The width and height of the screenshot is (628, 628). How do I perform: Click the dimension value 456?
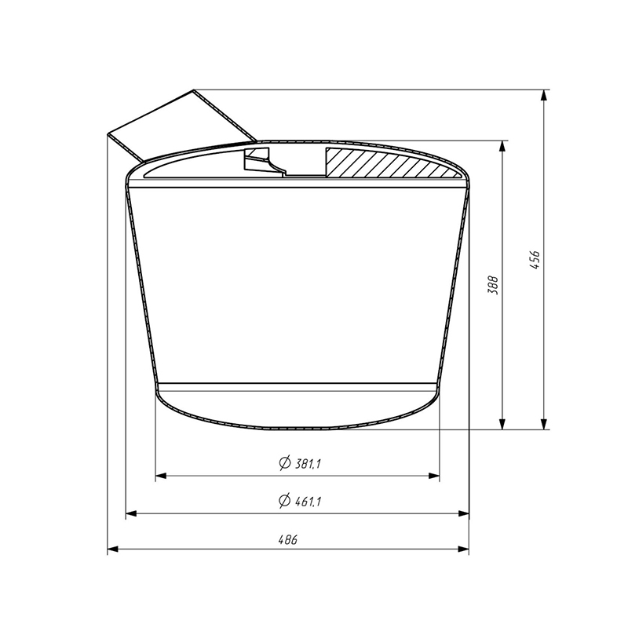point(535,260)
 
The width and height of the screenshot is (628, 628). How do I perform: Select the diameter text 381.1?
point(308,464)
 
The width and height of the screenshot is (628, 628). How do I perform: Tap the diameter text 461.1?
point(308,501)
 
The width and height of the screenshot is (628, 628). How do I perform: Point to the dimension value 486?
point(288,539)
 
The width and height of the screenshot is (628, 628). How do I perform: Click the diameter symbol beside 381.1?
point(284,463)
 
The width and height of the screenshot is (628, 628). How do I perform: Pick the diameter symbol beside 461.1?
point(284,501)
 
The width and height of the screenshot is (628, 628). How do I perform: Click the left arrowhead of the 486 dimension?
point(112,549)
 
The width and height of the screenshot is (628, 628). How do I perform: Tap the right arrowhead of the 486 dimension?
point(463,549)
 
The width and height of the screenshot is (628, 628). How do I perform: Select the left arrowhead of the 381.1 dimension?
point(161,476)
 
